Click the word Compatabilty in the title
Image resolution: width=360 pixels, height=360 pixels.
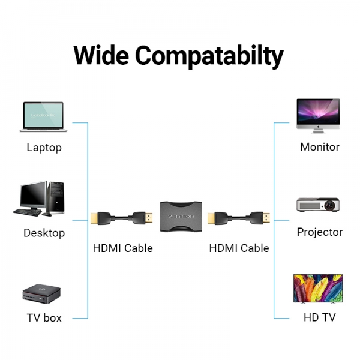click(209, 56)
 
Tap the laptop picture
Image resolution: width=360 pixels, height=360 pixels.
click(44, 116)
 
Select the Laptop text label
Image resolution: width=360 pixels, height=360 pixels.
click(44, 148)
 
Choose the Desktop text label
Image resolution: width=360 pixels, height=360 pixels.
click(44, 233)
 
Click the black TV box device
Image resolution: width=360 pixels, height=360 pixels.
click(43, 294)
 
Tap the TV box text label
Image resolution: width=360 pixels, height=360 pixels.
click(44, 318)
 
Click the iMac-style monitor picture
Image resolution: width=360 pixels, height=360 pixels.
click(318, 114)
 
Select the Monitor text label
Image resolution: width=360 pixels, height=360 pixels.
click(320, 147)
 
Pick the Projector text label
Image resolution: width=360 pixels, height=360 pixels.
click(320, 232)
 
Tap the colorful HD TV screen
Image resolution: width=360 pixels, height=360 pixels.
click(318, 288)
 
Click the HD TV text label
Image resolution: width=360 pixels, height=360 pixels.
click(320, 318)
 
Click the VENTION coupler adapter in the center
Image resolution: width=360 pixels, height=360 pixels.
click(181, 215)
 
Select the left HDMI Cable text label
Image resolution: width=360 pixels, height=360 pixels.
click(122, 248)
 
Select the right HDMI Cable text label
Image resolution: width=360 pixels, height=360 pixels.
click(239, 248)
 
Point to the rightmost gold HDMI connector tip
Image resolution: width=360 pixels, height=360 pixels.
click(266, 217)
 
